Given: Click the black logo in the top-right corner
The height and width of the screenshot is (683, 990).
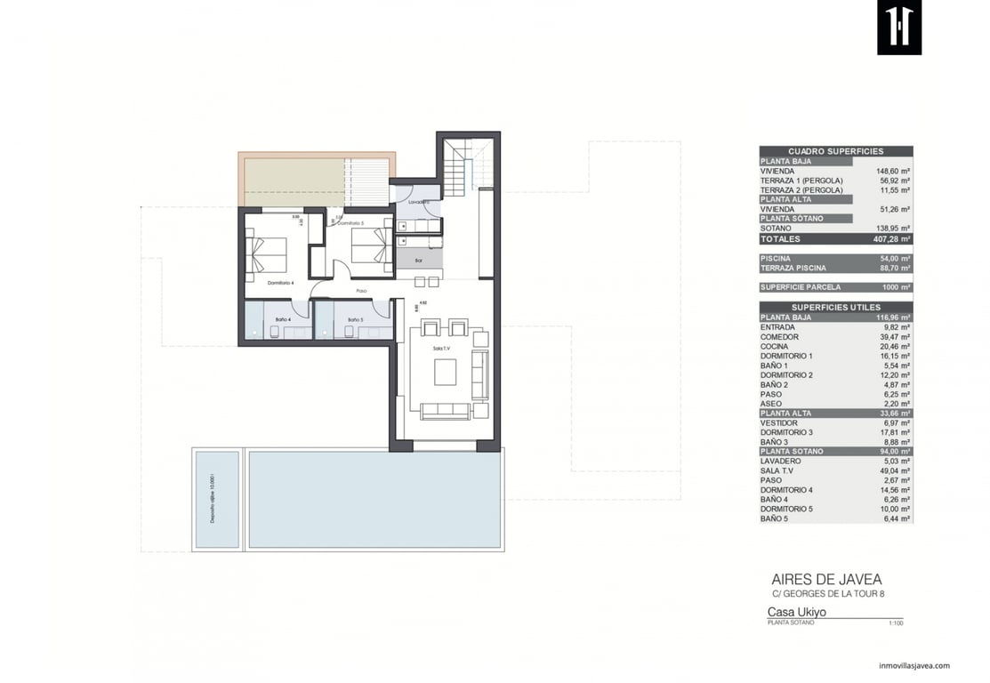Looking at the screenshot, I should click(x=898, y=28).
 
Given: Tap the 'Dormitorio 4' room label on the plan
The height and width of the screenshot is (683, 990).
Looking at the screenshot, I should click(x=281, y=283).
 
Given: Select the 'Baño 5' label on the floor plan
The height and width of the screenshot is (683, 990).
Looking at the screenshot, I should click(x=355, y=319).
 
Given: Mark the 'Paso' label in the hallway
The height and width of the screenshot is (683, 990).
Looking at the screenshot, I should click(x=362, y=291).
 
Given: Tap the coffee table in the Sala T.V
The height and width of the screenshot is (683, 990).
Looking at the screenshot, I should click(x=445, y=371).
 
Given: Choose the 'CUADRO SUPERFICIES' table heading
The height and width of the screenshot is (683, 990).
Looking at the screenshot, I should click(x=835, y=151).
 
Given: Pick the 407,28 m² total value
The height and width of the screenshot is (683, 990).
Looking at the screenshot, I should click(x=891, y=238).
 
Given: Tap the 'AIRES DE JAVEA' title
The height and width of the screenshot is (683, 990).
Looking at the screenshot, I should click(x=826, y=579).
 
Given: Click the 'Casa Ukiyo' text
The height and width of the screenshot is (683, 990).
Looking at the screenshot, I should click(x=797, y=612).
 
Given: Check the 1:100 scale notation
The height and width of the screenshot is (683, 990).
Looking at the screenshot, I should click(x=895, y=623).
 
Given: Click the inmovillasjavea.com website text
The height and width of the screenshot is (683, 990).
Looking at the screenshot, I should click(x=914, y=665).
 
